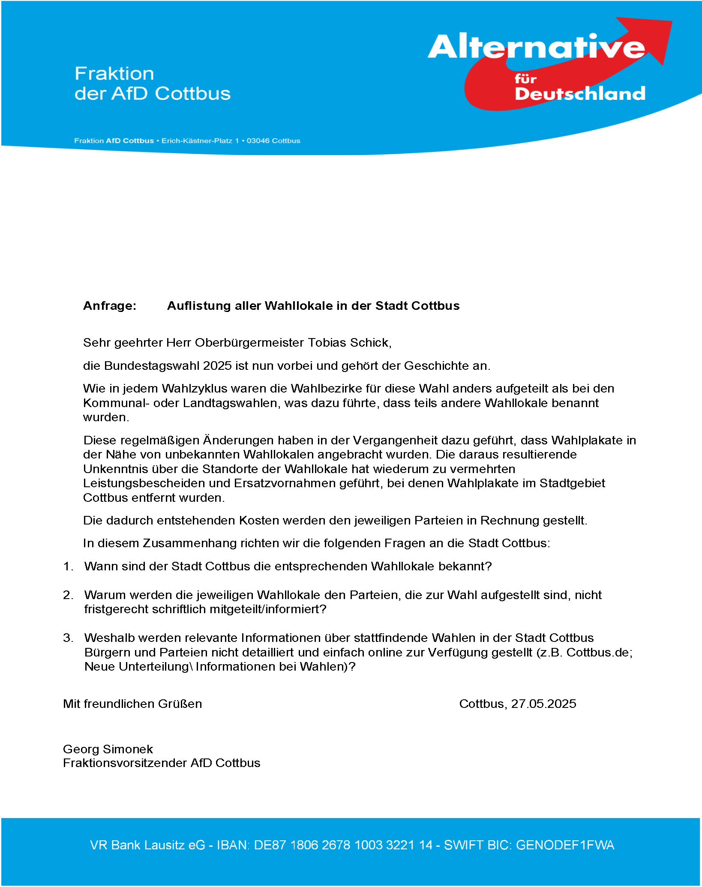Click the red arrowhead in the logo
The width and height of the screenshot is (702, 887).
click(651, 36)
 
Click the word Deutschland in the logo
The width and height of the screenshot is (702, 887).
click(580, 94)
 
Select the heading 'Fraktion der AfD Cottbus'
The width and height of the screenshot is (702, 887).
click(152, 84)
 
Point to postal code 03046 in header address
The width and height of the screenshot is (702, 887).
click(258, 141)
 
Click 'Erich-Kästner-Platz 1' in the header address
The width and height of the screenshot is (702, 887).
click(200, 141)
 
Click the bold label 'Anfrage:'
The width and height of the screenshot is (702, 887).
click(110, 306)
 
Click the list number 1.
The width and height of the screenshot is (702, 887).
click(67, 566)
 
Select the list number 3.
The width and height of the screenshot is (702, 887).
click(67, 638)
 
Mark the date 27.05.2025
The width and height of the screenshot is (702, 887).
click(543, 704)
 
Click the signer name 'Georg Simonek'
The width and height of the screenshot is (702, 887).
click(108, 749)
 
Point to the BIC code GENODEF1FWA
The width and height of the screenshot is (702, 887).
click(565, 845)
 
